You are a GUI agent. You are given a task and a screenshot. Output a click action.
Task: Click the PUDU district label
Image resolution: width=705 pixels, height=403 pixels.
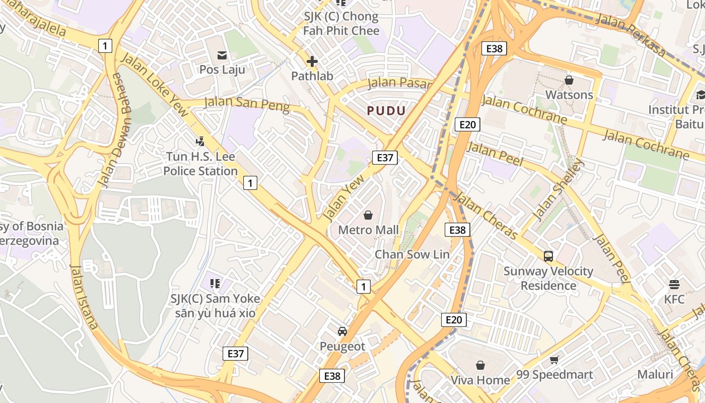pos(386,111)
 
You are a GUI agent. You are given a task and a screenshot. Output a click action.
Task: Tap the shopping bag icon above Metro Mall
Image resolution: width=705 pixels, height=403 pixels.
pos(368,215)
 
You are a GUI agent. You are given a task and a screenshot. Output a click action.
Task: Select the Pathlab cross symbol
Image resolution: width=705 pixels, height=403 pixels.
pos(312,61)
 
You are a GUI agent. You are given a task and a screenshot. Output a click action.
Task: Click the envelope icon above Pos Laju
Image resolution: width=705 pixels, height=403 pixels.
pos(222,55)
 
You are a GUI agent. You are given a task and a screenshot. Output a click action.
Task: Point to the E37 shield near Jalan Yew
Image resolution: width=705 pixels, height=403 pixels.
pos(385,158)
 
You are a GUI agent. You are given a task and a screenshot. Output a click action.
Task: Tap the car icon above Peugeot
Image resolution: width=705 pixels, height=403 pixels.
pos(342,331)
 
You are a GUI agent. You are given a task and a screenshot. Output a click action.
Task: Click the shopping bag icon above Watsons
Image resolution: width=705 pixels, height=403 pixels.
pos(569,80)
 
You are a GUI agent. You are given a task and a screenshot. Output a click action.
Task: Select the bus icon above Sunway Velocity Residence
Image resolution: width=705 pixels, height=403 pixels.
pos(548,256)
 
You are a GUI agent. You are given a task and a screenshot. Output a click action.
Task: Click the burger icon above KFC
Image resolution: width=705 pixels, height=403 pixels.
pos(674,285)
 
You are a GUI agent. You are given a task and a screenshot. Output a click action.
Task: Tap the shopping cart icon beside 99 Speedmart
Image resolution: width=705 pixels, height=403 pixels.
pos(554,360)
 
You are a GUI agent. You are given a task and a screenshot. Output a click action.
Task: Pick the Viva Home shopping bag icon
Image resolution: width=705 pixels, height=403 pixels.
pos(480,365)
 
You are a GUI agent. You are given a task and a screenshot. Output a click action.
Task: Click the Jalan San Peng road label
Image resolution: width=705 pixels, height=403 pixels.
pos(247,104)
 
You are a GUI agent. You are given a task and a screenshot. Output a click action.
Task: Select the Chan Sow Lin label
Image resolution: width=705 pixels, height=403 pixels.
pos(411,254)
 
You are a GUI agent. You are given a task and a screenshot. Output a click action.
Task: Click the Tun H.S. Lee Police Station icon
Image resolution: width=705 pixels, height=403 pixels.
pos(200,142)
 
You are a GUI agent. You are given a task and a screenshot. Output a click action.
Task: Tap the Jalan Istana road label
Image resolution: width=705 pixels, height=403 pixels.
pos(84,297)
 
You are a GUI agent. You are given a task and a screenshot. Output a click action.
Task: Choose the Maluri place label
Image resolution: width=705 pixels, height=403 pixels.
pos(655,374)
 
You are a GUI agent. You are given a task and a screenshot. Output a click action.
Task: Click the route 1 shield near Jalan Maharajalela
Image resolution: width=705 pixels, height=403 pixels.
pos(105,46)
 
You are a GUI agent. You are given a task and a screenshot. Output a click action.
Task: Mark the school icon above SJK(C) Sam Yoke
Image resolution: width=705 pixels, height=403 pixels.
pos(215,284)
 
